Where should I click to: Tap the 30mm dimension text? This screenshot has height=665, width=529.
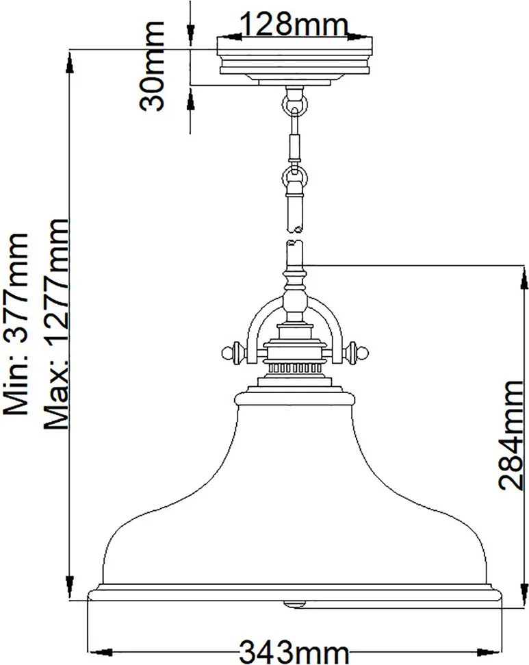click(x=152, y=66)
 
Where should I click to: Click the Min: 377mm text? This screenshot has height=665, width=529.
click(x=16, y=325)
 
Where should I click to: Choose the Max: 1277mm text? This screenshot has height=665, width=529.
click(x=55, y=325)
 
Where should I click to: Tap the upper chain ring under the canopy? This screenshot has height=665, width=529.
click(x=295, y=103)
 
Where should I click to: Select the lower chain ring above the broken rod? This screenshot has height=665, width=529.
click(x=295, y=175)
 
